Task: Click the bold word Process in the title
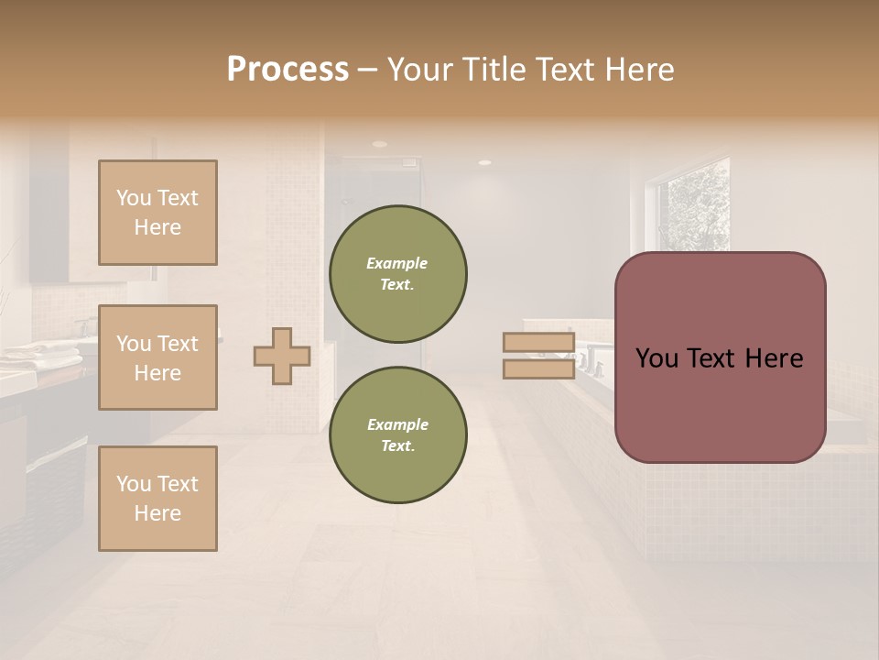(x=288, y=70)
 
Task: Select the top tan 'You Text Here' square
(x=157, y=213)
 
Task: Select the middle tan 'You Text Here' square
(x=157, y=357)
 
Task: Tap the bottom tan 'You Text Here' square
(x=157, y=498)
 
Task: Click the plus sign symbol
(x=282, y=356)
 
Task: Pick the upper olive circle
(x=397, y=274)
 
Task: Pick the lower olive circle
(x=397, y=434)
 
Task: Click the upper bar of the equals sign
(x=538, y=343)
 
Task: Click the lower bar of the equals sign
(x=538, y=368)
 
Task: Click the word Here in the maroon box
(x=775, y=358)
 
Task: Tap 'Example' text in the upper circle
(x=396, y=263)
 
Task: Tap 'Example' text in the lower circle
(x=397, y=424)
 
